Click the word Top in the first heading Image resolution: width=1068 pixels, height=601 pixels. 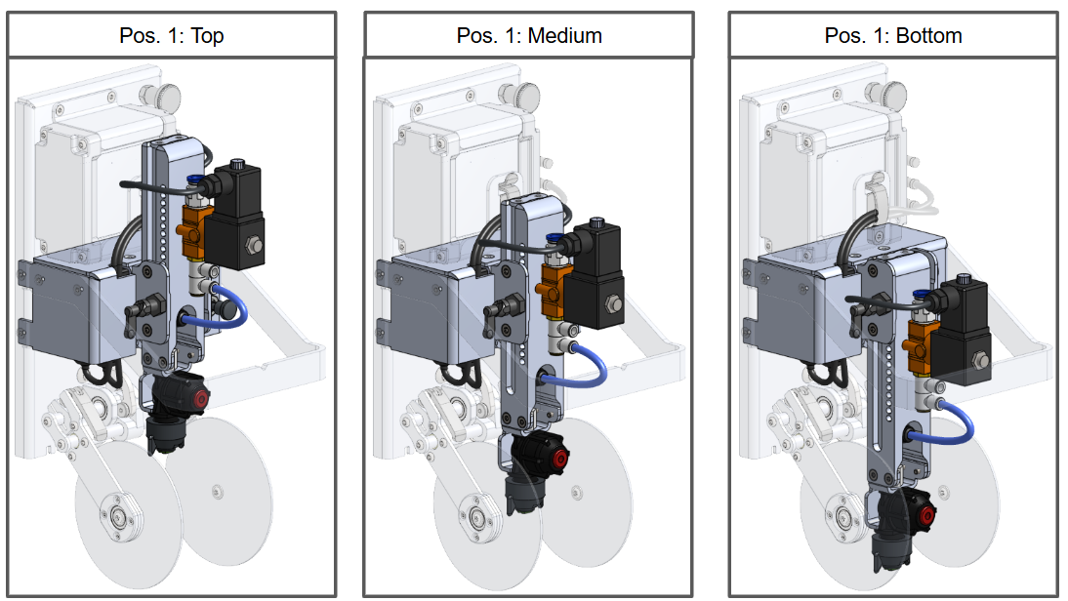tap(207, 36)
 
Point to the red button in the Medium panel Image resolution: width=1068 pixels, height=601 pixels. tap(561, 459)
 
